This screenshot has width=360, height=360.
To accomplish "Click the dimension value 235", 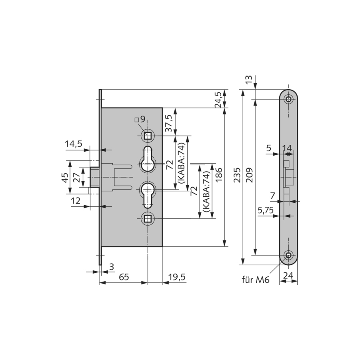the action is point(237,175).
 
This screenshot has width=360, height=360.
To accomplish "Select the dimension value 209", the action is point(249,175).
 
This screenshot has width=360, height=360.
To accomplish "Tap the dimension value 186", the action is point(218,175).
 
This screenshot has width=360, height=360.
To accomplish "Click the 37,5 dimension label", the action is point(169,124).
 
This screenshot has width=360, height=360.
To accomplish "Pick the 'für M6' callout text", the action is point(256,280).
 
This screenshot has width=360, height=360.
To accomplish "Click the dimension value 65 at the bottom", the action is point(124,277).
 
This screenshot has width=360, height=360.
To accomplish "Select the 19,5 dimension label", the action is point(176,277).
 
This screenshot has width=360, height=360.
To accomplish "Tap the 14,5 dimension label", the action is point(74,144).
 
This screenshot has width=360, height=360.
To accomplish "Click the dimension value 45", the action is point(66,178).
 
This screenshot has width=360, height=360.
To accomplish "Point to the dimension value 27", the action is point(77,178).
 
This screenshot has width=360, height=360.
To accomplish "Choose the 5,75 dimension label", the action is point(266,210).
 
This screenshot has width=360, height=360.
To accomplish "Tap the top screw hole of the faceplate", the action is point(288,99).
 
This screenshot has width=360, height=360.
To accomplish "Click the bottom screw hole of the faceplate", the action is point(288,255).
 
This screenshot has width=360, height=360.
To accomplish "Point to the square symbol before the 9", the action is point(136,119).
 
